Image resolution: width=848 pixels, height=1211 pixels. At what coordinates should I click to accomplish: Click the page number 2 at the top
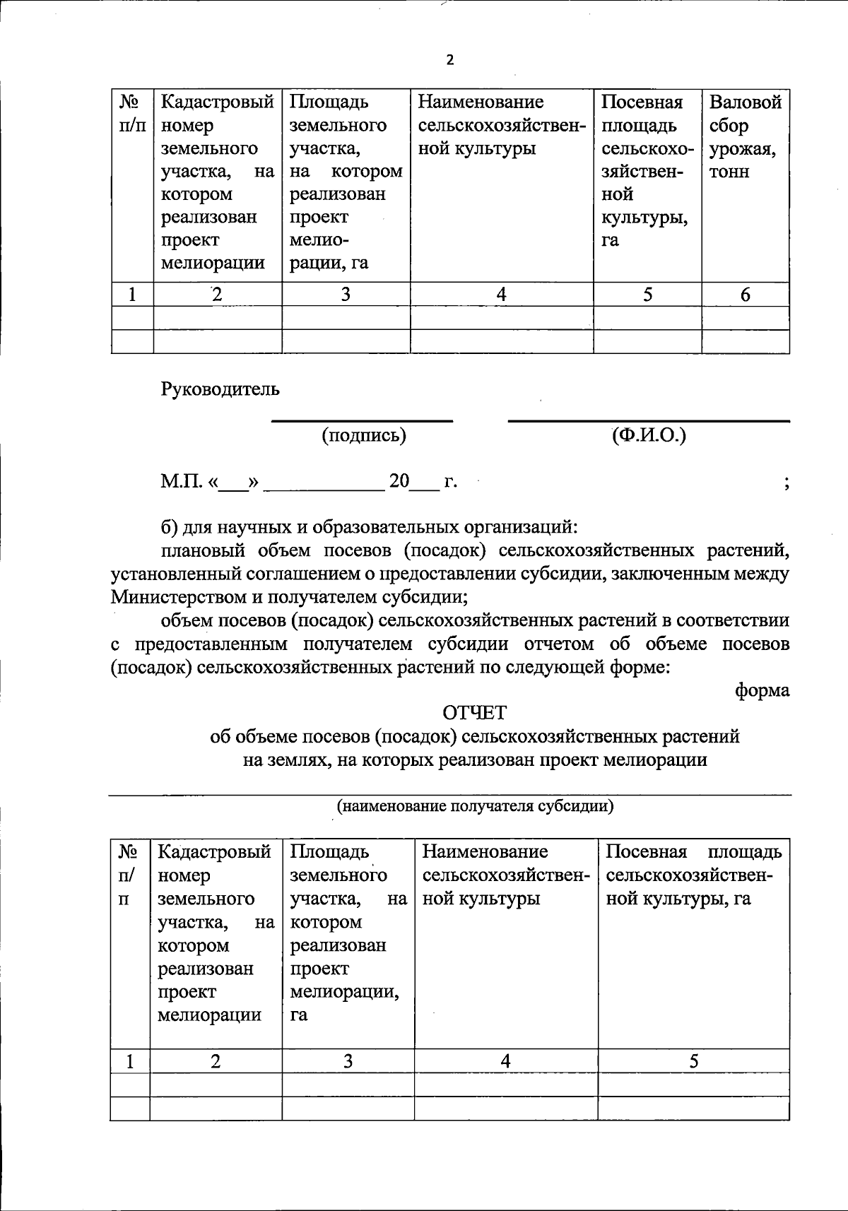click(x=449, y=60)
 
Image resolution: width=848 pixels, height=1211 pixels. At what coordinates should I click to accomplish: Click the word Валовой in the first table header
click(x=745, y=102)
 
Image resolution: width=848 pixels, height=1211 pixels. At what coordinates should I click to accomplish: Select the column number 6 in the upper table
click(x=745, y=295)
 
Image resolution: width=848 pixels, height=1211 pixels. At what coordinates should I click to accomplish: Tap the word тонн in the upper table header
click(x=729, y=172)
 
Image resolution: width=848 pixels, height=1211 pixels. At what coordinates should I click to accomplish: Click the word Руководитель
click(x=220, y=389)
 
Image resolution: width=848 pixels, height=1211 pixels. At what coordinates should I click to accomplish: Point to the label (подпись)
click(x=364, y=435)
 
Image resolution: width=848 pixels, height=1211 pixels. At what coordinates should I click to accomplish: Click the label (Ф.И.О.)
click(x=649, y=435)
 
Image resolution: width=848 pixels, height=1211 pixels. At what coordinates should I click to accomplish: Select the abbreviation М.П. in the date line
click(x=181, y=482)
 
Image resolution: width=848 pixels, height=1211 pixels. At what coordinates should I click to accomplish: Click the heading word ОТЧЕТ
click(x=474, y=711)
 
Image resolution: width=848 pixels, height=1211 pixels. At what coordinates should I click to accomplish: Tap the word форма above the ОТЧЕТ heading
click(x=762, y=690)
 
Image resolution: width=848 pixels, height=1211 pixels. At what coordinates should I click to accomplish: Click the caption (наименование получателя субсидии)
click(x=474, y=806)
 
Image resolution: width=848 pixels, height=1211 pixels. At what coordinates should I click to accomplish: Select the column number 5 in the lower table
click(x=694, y=1061)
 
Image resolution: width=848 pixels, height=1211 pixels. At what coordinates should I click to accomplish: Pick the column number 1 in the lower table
click(x=130, y=1061)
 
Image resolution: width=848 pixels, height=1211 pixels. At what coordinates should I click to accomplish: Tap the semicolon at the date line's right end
click(x=786, y=483)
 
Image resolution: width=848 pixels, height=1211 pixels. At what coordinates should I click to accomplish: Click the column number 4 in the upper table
click(x=501, y=295)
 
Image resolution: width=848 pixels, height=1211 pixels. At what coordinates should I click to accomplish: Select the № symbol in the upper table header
click(x=128, y=102)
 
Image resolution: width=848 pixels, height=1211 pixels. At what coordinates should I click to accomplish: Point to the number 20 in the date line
click(x=399, y=482)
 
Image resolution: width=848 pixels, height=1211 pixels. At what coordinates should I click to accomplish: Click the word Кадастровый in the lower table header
click(x=215, y=852)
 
